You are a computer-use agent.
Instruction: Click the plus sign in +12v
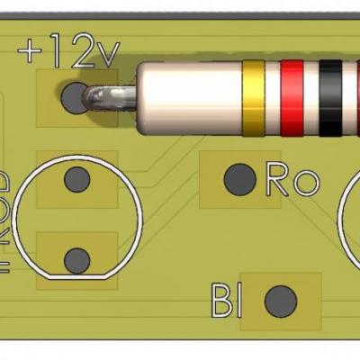(31, 52)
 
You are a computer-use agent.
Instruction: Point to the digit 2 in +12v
(79, 52)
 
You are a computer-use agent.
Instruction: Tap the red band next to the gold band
(293, 95)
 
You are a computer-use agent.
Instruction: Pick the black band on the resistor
(331, 95)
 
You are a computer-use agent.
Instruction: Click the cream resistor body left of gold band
(193, 95)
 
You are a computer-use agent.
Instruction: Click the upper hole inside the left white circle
(77, 180)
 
